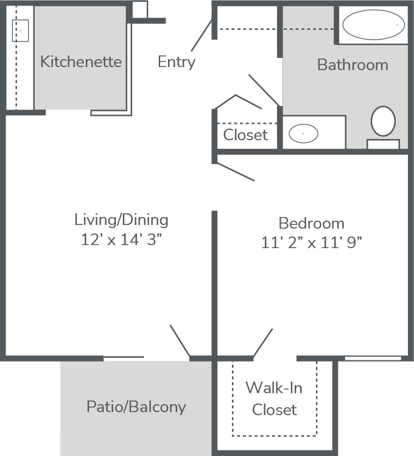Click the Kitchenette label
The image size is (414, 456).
click(81, 62)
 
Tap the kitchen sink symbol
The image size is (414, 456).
click(20, 30)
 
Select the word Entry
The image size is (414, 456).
click(177, 62)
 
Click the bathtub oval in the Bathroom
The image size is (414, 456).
click(374, 25)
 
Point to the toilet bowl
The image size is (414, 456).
click(383, 121)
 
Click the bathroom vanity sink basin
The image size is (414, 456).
click(303, 134)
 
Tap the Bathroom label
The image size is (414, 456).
click(353, 65)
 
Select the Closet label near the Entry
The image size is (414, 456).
click(245, 135)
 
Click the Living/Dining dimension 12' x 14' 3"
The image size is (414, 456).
click(121, 240)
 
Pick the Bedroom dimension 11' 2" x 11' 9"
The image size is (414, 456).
click(312, 243)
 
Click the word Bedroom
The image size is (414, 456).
click(312, 223)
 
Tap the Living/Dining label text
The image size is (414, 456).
click(121, 220)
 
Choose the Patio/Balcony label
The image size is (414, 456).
click(136, 407)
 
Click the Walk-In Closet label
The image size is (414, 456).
click(274, 399)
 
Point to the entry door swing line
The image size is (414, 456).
click(202, 35)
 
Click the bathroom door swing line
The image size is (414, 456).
click(265, 90)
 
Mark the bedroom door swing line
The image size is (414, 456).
click(236, 172)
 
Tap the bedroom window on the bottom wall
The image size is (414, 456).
click(373, 358)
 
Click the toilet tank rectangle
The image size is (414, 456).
click(383, 144)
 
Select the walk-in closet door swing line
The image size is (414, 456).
click(263, 343)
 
